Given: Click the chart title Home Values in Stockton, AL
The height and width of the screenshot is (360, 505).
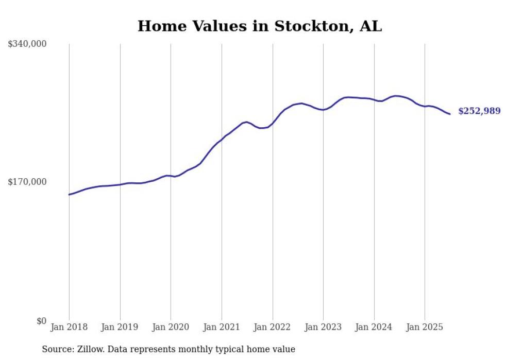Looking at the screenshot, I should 260,26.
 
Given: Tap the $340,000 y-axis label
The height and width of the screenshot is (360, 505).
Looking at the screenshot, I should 27,44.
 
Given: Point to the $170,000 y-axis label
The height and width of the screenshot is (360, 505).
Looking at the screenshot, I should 27,182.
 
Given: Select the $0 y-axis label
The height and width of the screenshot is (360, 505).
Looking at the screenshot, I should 41,321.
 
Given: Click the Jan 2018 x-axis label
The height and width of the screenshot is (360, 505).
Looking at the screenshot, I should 69,327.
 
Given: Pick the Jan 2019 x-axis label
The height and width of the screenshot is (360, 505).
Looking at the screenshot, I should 120,327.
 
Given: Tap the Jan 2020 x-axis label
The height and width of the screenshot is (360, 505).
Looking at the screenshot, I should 171,327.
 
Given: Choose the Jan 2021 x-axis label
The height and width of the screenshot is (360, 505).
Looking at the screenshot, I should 222,327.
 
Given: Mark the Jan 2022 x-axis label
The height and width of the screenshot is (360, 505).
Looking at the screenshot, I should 273,327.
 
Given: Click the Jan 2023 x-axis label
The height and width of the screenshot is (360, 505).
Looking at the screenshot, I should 323,327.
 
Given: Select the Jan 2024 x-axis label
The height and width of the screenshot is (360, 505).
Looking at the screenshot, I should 374,327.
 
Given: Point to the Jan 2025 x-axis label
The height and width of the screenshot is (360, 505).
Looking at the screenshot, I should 425,327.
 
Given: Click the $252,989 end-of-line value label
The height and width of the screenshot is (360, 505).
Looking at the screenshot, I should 479,111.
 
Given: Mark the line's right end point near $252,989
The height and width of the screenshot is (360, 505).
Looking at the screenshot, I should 450,114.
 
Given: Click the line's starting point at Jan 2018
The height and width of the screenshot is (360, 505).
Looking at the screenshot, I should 69,195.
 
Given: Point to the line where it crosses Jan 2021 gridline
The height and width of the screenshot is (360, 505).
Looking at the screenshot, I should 222,139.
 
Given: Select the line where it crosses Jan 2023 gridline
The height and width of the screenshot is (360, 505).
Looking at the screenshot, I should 323,110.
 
